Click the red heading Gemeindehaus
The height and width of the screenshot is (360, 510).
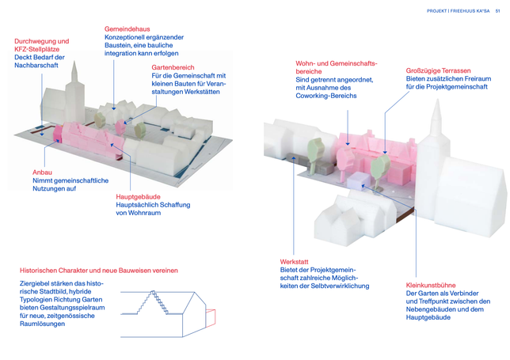pyautogui.click(x=127, y=29)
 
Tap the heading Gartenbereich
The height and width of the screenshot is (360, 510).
pyautogui.click(x=173, y=67)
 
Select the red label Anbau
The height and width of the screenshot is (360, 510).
pyautogui.click(x=42, y=172)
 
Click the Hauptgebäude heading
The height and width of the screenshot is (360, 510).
pyautogui.click(x=139, y=197)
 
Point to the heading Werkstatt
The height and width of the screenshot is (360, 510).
pyautogui.click(x=294, y=262)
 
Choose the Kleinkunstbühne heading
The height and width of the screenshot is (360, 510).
pyautogui.click(x=431, y=286)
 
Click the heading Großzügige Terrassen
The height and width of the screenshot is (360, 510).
pyautogui.click(x=438, y=71)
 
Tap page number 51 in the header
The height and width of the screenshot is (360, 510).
pyautogui.click(x=497, y=11)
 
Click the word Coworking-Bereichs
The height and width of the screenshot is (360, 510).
pyautogui.click(x=326, y=96)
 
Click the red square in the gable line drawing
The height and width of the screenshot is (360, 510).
pyautogui.click(x=211, y=318)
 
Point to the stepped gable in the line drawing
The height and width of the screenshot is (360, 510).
pyautogui.click(x=153, y=302)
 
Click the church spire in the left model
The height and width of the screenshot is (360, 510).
pyautogui.click(x=74, y=72)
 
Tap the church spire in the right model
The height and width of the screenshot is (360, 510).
pyautogui.click(x=437, y=118)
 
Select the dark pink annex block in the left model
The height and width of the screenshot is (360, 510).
pyautogui.click(x=58, y=134)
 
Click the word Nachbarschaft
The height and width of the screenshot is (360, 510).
pyautogui.click(x=36, y=66)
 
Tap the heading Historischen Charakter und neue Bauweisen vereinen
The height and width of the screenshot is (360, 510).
pyautogui.click(x=99, y=271)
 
